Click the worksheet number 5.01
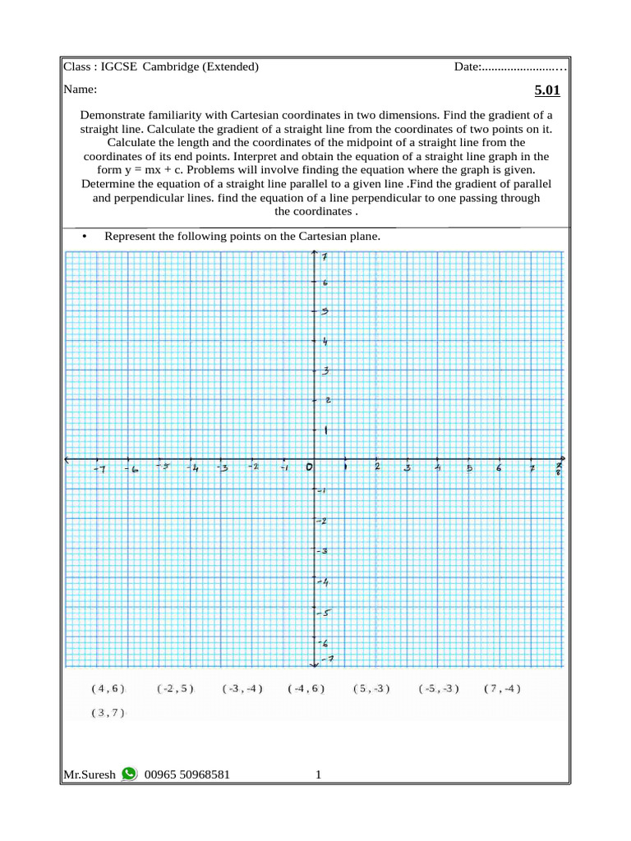click(547, 90)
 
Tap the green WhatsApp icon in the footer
click(129, 774)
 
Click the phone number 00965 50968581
click(187, 774)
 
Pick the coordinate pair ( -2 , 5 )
click(175, 689)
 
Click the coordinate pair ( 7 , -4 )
click(502, 689)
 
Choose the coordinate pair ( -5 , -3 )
click(438, 689)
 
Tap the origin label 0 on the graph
click(309, 467)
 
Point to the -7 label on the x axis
click(99, 468)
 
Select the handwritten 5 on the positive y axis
click(325, 311)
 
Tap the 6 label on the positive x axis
click(498, 468)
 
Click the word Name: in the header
click(81, 89)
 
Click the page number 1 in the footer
click(318, 774)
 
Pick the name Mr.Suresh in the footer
click(90, 774)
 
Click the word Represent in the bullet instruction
click(129, 237)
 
